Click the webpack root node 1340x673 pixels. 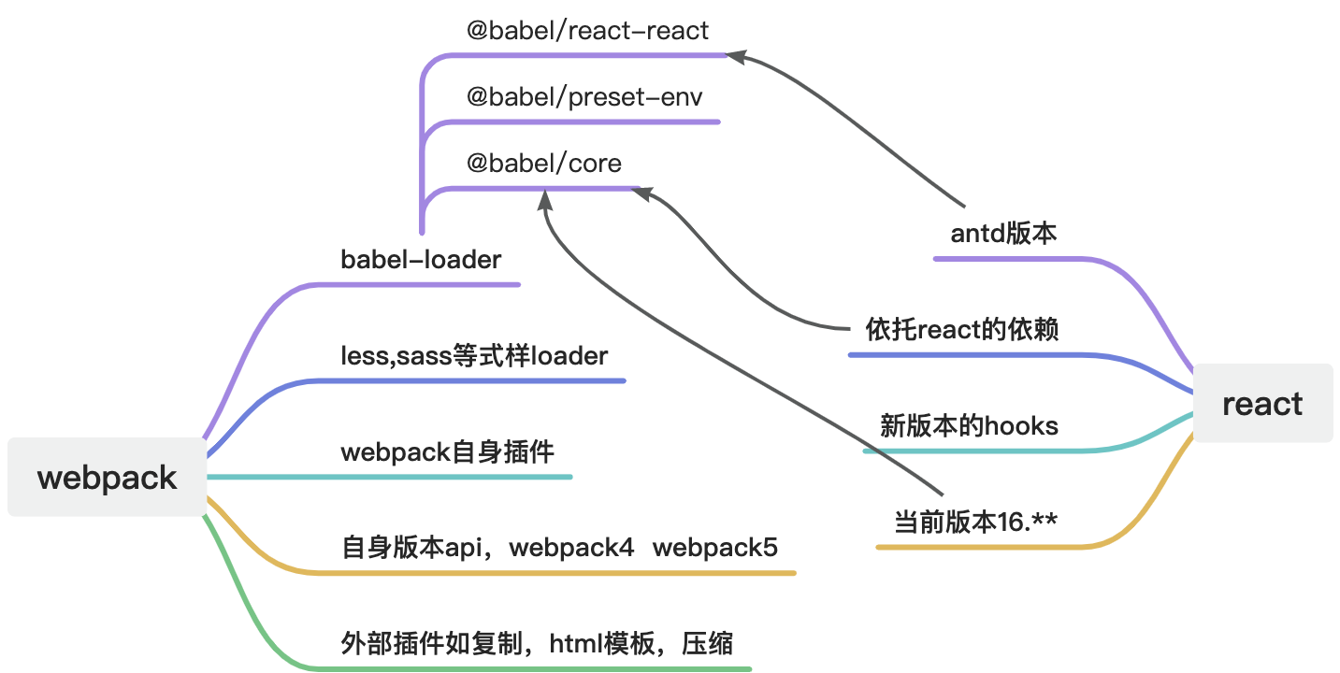(x=107, y=478)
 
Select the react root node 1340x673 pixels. (x=1261, y=404)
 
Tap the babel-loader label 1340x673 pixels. (x=421, y=260)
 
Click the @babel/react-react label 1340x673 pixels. (x=587, y=31)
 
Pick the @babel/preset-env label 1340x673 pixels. (x=584, y=97)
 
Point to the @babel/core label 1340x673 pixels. (x=543, y=164)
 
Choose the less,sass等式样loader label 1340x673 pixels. (x=474, y=356)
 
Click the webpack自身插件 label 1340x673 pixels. (x=447, y=453)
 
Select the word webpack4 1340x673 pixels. (x=571, y=547)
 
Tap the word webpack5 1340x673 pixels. (x=714, y=547)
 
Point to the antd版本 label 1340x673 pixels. (x=1003, y=233)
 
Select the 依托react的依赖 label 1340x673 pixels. (x=962, y=330)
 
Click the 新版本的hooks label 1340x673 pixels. (x=969, y=426)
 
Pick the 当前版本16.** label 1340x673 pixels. (x=975, y=522)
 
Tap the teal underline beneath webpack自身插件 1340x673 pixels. (x=393, y=477)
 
